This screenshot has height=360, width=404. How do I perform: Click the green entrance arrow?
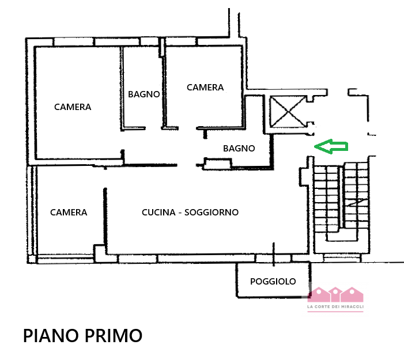click(x=331, y=146)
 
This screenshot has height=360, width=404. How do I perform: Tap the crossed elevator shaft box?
click(x=288, y=112)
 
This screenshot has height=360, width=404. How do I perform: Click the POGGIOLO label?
click(x=273, y=281)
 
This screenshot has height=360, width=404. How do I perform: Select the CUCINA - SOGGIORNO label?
click(x=190, y=212)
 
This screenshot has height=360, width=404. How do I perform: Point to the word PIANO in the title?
click(x=51, y=336)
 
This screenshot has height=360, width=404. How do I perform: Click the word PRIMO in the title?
click(x=114, y=336)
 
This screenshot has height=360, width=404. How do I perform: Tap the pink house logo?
click(x=335, y=294)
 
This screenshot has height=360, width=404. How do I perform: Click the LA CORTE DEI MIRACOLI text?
click(x=335, y=306)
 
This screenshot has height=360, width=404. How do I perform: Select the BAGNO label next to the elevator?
click(x=239, y=149)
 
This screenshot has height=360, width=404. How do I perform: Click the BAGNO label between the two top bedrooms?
click(x=144, y=94)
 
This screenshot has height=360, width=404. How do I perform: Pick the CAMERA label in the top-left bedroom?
click(x=73, y=107)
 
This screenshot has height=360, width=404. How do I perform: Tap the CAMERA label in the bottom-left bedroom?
click(x=69, y=212)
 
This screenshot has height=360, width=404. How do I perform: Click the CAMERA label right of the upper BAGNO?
click(x=205, y=88)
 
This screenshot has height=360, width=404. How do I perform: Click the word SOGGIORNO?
click(x=212, y=212)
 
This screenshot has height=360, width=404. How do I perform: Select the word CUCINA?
click(x=158, y=212)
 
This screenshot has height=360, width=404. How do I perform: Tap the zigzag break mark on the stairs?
click(x=355, y=202)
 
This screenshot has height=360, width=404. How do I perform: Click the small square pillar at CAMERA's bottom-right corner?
click(x=99, y=253)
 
